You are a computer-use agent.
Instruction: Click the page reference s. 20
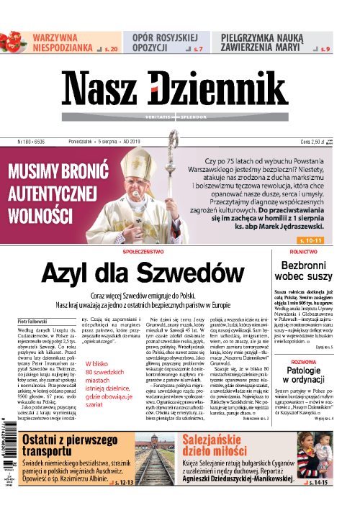110,49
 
